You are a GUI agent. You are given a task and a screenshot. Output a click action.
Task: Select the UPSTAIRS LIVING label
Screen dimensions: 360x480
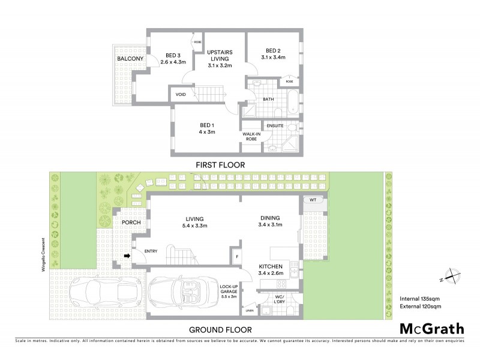tap(220, 55)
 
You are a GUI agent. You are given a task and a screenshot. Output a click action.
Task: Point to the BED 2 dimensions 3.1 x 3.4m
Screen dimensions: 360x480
tap(273, 58)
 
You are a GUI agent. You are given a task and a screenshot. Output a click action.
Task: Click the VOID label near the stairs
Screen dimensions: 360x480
tap(181, 95)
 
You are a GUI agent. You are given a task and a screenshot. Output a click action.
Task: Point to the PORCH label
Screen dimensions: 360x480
tap(131, 222)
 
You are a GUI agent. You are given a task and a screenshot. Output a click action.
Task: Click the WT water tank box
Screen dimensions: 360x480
tap(313, 200)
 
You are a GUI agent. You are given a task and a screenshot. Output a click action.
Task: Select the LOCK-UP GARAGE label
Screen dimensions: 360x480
tap(231, 292)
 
